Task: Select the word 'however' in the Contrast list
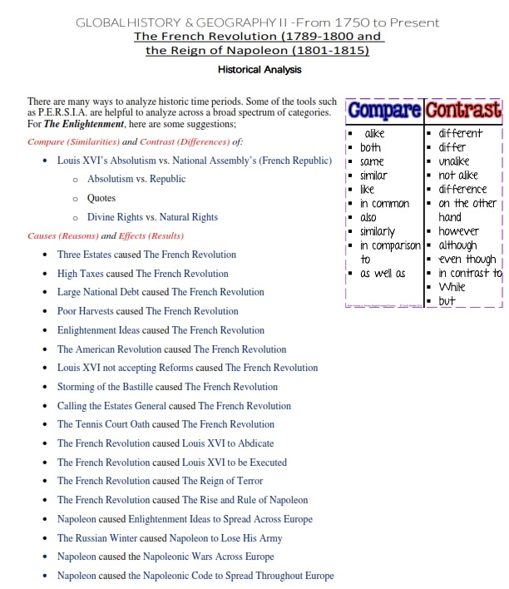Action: coord(460,230)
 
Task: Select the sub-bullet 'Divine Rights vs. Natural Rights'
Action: coord(152,217)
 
